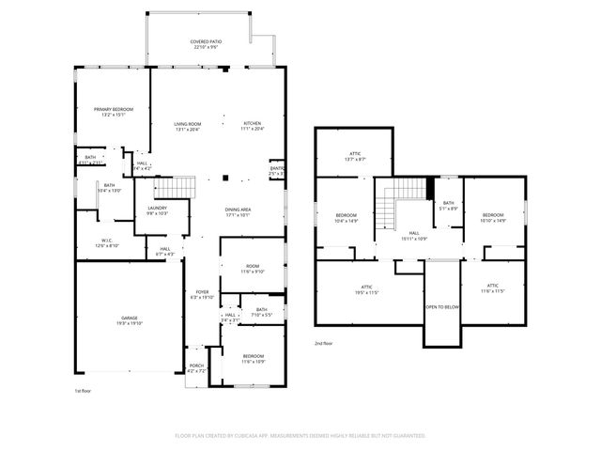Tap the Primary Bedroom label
(113, 112)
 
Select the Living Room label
(187, 127)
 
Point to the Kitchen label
(253, 127)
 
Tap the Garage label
(128, 320)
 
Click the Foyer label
(202, 294)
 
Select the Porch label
(196, 367)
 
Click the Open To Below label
(441, 307)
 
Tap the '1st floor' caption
(84, 390)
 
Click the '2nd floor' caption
(324, 345)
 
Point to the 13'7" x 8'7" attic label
(355, 156)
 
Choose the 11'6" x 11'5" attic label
(492, 288)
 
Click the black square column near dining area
(224, 178)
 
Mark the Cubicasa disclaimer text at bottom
(300, 437)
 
